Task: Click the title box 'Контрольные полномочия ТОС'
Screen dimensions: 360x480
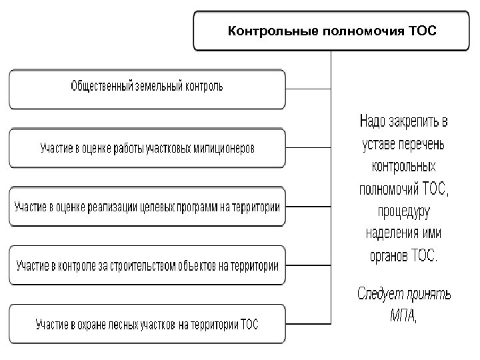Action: [x=331, y=31]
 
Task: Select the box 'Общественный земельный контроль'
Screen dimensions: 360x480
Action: [x=147, y=87]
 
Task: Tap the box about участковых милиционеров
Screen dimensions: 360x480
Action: [x=147, y=147]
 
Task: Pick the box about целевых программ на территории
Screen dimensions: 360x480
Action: [x=147, y=207]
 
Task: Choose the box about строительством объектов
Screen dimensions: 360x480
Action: [x=147, y=265]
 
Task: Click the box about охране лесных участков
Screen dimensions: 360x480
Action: [x=147, y=325]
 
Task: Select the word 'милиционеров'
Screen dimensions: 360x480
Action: [x=226, y=148]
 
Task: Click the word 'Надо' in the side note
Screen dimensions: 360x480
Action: [x=373, y=122]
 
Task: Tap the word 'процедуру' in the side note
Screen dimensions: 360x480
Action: [x=403, y=211]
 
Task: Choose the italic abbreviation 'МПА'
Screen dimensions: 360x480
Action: [x=401, y=315]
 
